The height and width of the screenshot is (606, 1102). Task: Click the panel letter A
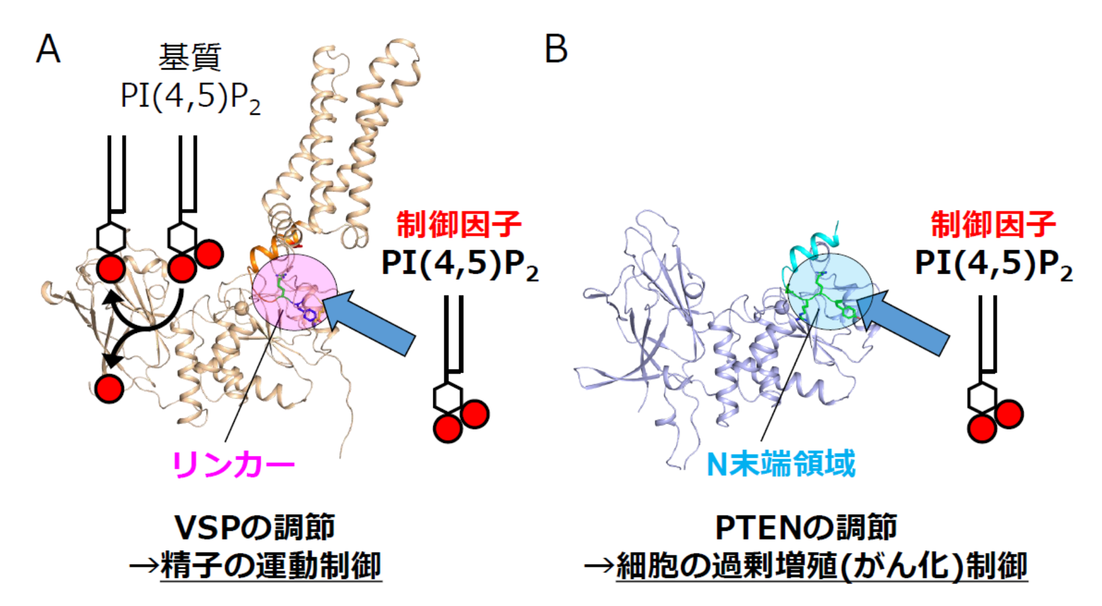coord(48,49)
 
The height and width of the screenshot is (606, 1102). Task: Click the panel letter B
coord(556,49)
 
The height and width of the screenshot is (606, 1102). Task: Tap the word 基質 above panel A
coord(190,58)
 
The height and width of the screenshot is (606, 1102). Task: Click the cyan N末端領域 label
coord(781,464)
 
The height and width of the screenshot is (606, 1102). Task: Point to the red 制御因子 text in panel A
coord(459,224)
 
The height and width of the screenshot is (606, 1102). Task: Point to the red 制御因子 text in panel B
coord(993,224)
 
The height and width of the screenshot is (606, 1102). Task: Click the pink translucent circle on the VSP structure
coord(294,292)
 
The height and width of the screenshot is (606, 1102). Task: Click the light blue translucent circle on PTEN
coord(830,292)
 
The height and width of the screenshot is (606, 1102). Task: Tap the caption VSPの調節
coord(254,527)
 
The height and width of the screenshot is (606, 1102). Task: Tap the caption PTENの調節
coord(806,527)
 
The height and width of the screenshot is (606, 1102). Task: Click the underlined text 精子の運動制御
coord(271,566)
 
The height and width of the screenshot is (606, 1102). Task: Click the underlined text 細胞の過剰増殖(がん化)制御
coord(821,566)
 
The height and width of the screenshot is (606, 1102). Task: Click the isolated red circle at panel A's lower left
coord(109,389)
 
